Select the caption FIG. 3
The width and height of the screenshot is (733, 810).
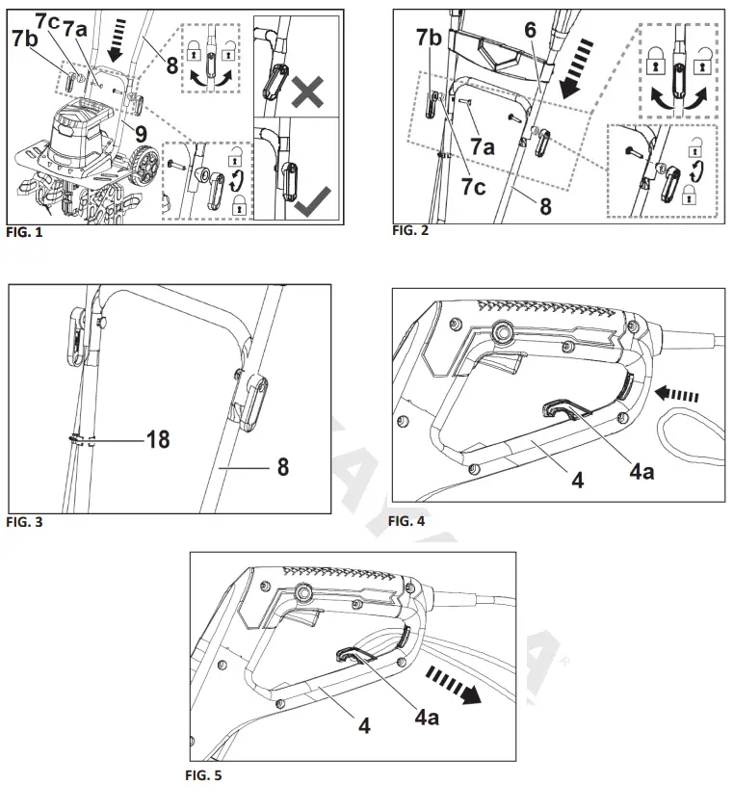pos(25,523)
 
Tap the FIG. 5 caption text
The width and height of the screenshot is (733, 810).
pos(203,773)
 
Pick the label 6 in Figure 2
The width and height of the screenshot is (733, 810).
pos(529,30)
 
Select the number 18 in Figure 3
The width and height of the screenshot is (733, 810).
pos(158,439)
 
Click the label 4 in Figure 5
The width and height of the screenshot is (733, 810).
pos(364,724)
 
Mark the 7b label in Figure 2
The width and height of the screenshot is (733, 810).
pos(429,38)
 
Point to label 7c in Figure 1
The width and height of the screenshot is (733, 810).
pos(48,22)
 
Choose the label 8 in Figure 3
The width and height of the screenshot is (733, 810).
pos(282,467)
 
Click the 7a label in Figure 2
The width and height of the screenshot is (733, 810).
pos(482,146)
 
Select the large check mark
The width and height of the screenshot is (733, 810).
pos(314,200)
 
